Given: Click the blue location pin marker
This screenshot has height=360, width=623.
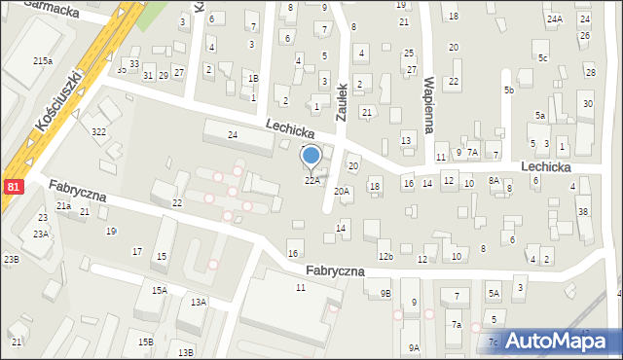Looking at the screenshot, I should click(311, 157).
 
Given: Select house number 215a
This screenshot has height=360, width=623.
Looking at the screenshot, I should click(43, 60).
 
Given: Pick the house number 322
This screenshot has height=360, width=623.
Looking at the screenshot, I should click(98, 131).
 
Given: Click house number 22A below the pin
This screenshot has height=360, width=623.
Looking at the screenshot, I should click(311, 180).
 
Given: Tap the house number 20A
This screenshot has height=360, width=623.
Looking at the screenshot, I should click(342, 192).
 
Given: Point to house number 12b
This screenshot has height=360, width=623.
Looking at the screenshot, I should click(386, 256).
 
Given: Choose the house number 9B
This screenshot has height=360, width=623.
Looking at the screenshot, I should click(385, 294).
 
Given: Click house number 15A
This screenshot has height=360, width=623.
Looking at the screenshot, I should click(159, 290).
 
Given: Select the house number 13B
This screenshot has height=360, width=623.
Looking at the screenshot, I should click(186, 351).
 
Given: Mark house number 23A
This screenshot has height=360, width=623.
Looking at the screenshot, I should click(41, 234).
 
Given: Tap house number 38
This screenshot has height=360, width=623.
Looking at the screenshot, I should click(583, 211).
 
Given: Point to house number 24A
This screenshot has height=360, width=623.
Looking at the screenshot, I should click(555, 19).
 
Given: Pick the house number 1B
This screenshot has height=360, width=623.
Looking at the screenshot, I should click(253, 79).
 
